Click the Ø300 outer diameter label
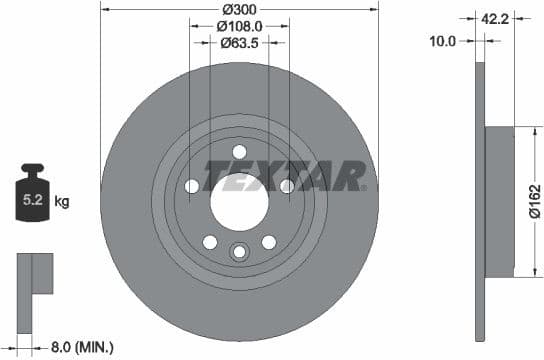coord(239,11)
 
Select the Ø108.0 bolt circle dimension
coord(239,27)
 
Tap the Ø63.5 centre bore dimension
coord(239,42)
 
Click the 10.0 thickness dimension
coord(442,41)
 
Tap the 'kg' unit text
coord(61,202)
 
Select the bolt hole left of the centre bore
coord(192,186)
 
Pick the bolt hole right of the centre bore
coord(287,186)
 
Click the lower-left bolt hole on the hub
coord(210,241)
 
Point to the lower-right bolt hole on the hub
coord(268,241)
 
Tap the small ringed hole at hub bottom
coord(239,252)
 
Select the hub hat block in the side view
coord(499,203)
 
